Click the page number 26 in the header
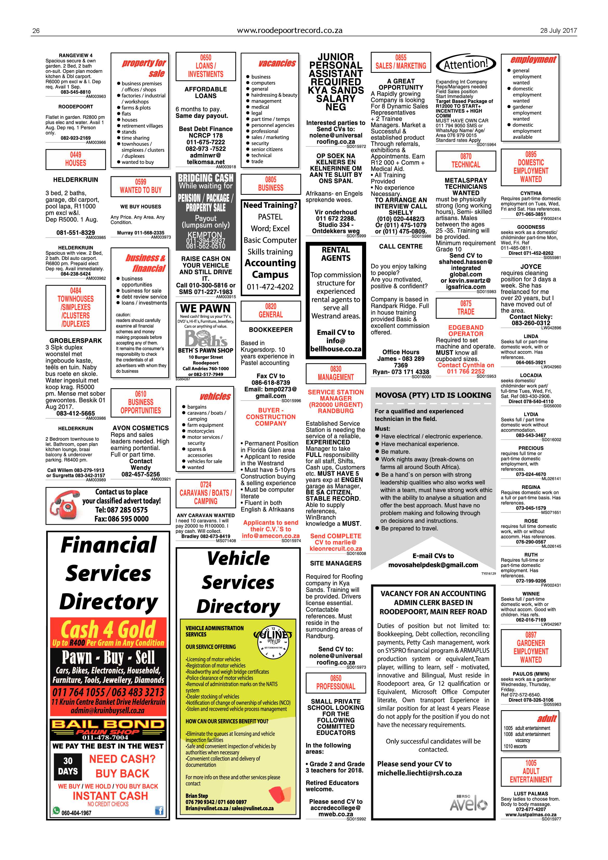coord(36,31)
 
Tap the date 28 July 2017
coord(558,31)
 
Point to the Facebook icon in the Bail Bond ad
coord(159,811)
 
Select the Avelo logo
coord(469,803)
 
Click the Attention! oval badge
coord(466,64)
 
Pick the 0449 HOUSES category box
coord(76,159)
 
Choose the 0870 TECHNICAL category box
coord(466,161)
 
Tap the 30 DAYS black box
coord(68,766)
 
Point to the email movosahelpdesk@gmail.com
coord(433,565)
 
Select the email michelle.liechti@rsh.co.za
coord(419,773)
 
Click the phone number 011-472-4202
coord(270,287)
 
